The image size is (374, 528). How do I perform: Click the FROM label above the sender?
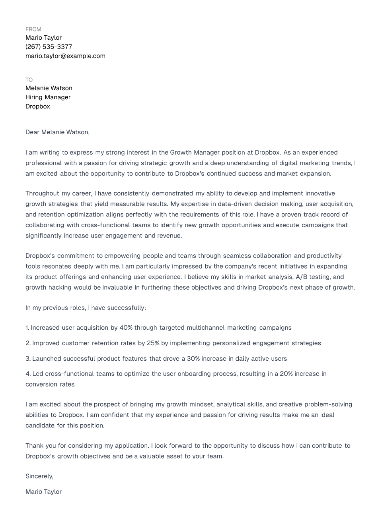[x=33, y=29]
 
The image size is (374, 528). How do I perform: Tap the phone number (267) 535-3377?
[x=49, y=47]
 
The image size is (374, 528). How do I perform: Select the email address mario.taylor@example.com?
[x=65, y=56]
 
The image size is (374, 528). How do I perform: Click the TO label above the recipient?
[x=29, y=80]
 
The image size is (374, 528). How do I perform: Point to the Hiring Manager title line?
[x=48, y=97]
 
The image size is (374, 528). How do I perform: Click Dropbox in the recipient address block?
[x=38, y=106]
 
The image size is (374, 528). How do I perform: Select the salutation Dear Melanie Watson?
[x=57, y=132]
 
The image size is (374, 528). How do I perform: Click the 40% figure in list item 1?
[x=126, y=328]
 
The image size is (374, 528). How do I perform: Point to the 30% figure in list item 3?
[x=193, y=359]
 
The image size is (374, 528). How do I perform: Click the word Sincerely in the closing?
[x=39, y=476]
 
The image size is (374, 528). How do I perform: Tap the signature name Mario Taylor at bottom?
[x=43, y=492]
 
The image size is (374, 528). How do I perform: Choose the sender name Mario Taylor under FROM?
[x=43, y=38]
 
